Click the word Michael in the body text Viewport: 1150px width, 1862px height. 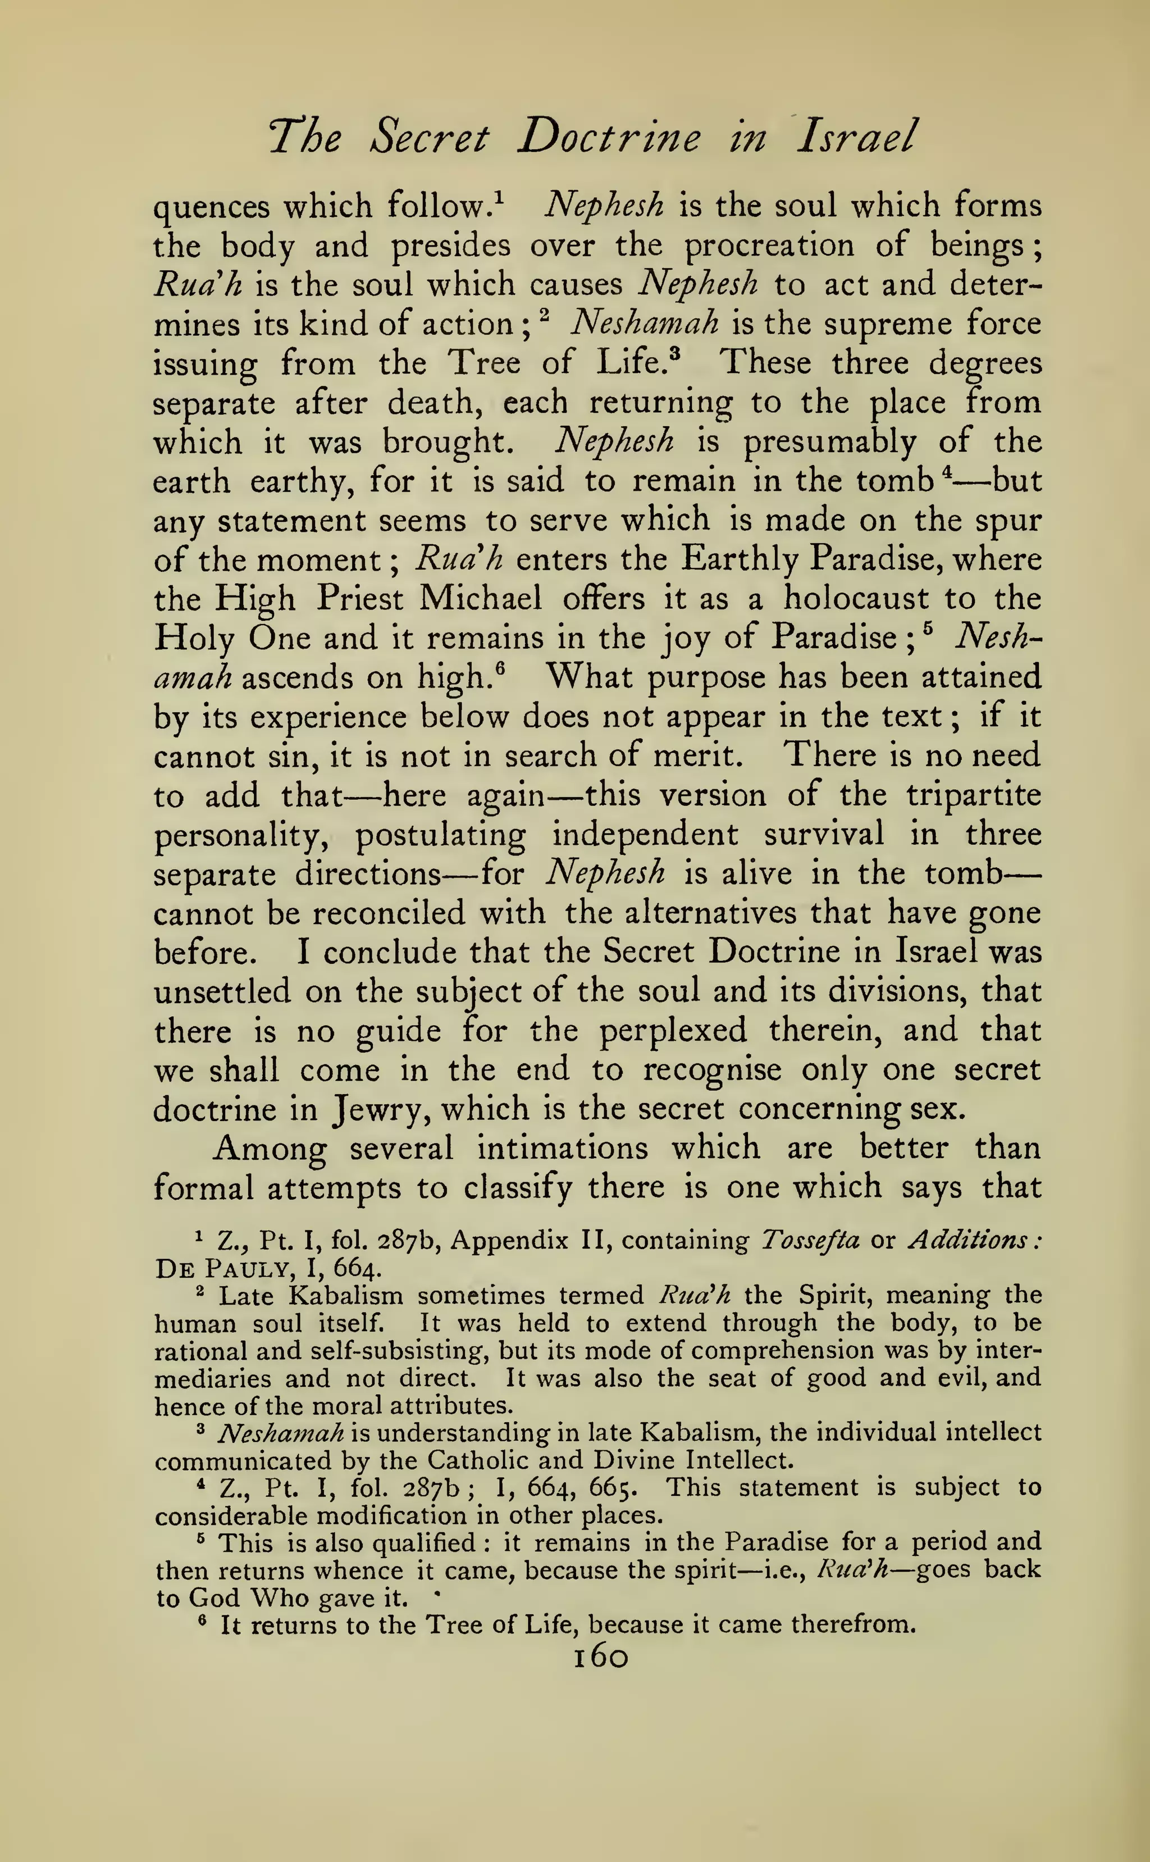coord(481,599)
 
